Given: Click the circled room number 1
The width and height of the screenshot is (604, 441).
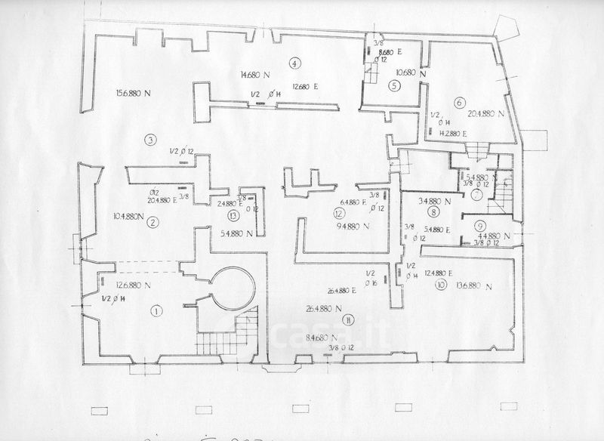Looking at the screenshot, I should pos(157,310).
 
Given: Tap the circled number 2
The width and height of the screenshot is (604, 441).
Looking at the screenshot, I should pos(153,222).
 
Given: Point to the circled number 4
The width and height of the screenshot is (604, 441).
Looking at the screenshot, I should pos(294,63).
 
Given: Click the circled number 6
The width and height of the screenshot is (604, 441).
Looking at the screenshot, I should pos(459,102).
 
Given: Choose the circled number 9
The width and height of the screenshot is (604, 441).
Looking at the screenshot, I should pos(479,224).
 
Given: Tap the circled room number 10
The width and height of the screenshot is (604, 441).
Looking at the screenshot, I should pos(440,285).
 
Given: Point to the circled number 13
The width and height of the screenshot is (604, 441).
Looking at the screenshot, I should pos(233,214).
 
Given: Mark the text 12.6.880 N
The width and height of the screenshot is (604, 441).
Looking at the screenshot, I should pos(133,285).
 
